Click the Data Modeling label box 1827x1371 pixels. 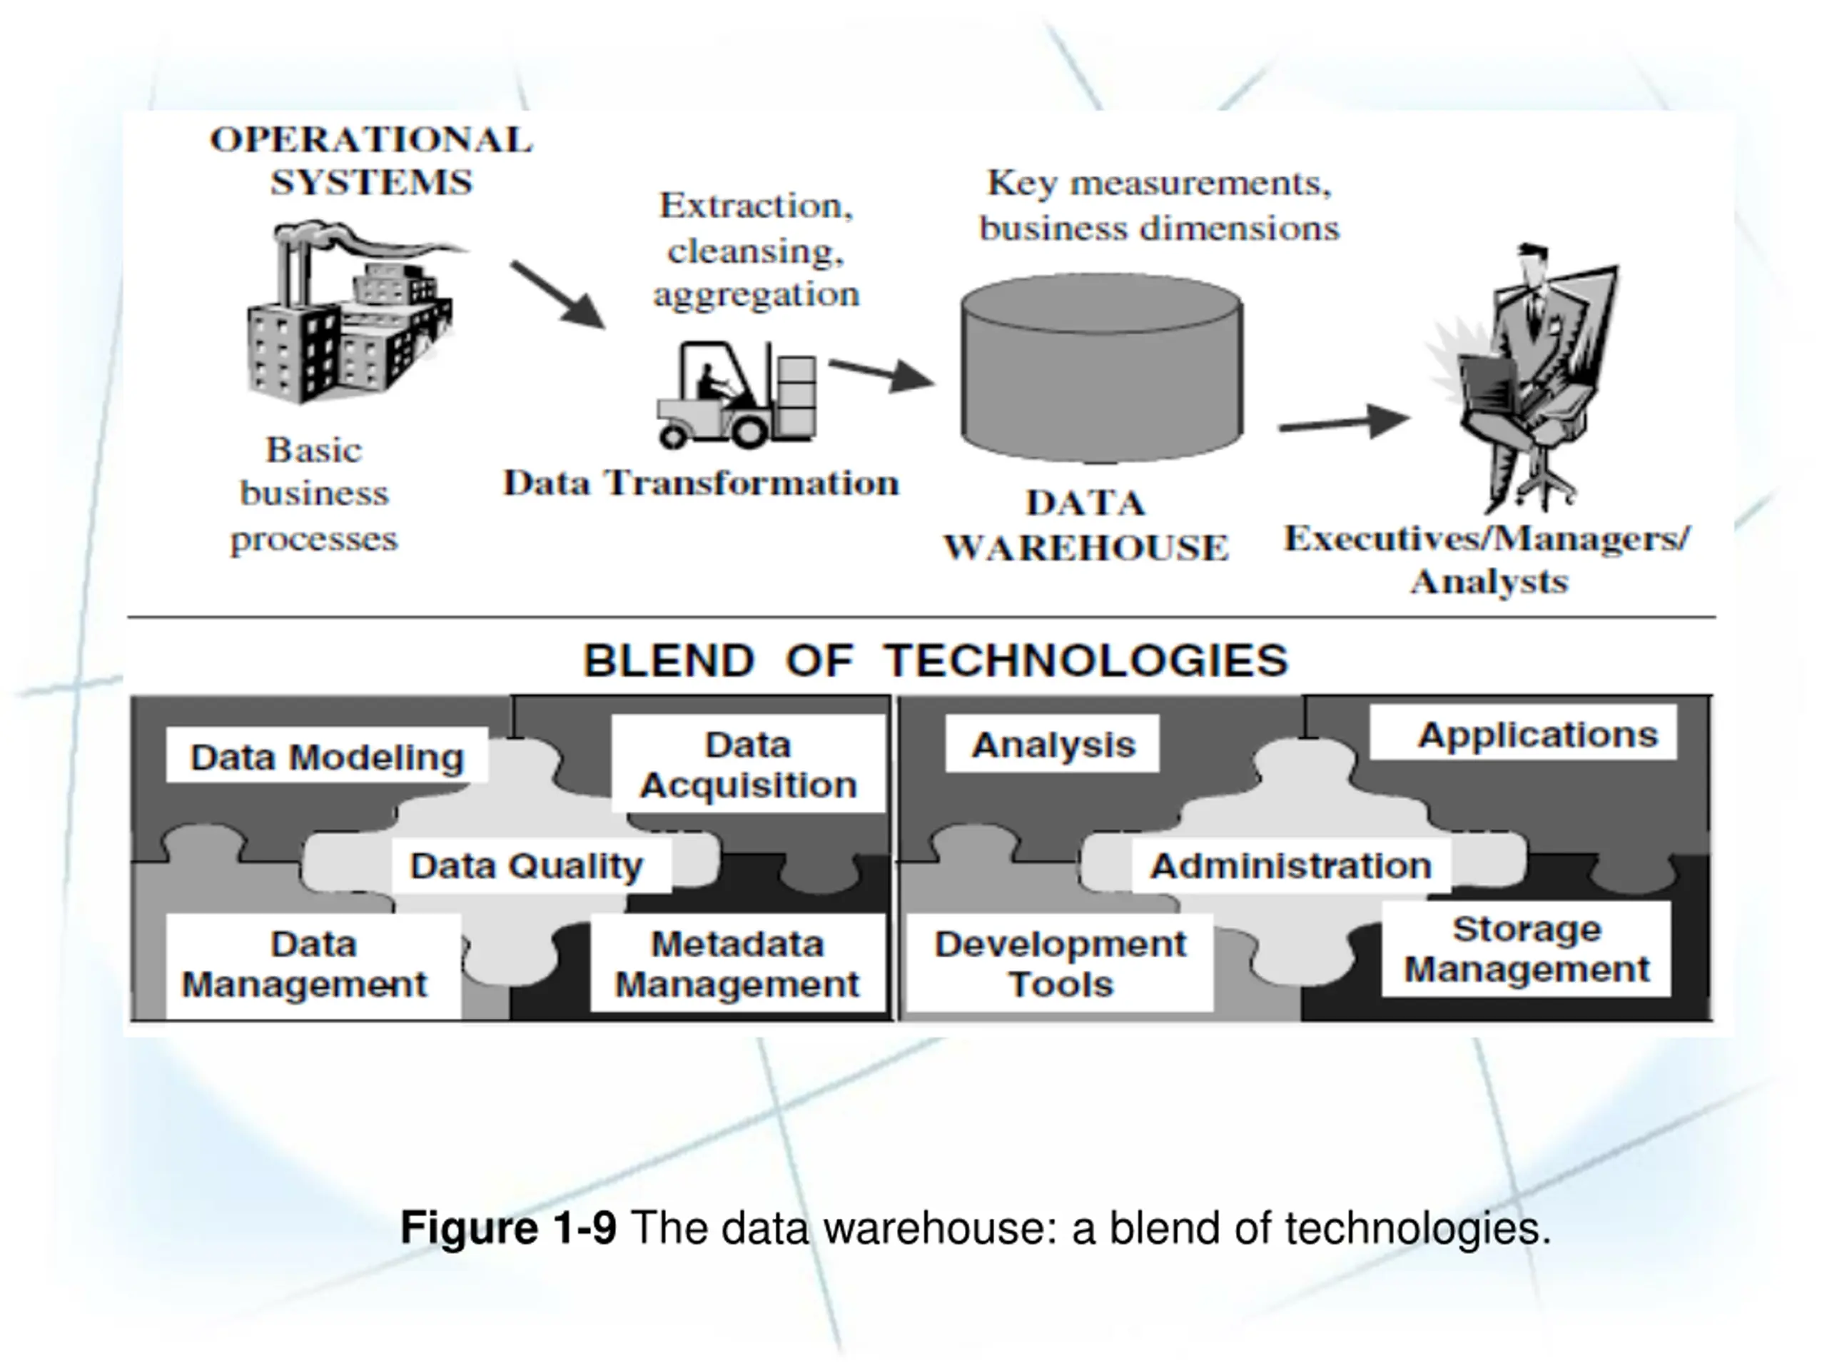coord(327,756)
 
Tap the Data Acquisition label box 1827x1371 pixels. coord(749,765)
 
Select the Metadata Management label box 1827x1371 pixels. coord(737,963)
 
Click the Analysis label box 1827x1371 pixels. coord(1052,745)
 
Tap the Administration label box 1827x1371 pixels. coord(1291,866)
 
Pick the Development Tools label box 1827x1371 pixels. coord(1061,963)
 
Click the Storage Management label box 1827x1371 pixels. coord(1527,949)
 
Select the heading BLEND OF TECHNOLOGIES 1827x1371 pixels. coord(936,661)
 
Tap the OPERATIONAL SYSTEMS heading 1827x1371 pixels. coord(371,161)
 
